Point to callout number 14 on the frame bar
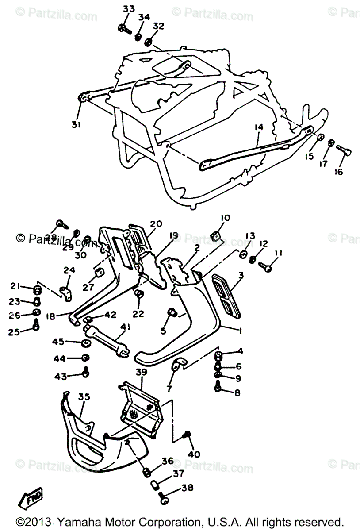[258, 127]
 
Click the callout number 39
[141, 373]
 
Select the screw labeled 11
[267, 267]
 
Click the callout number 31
[76, 125]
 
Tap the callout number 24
[69, 270]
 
